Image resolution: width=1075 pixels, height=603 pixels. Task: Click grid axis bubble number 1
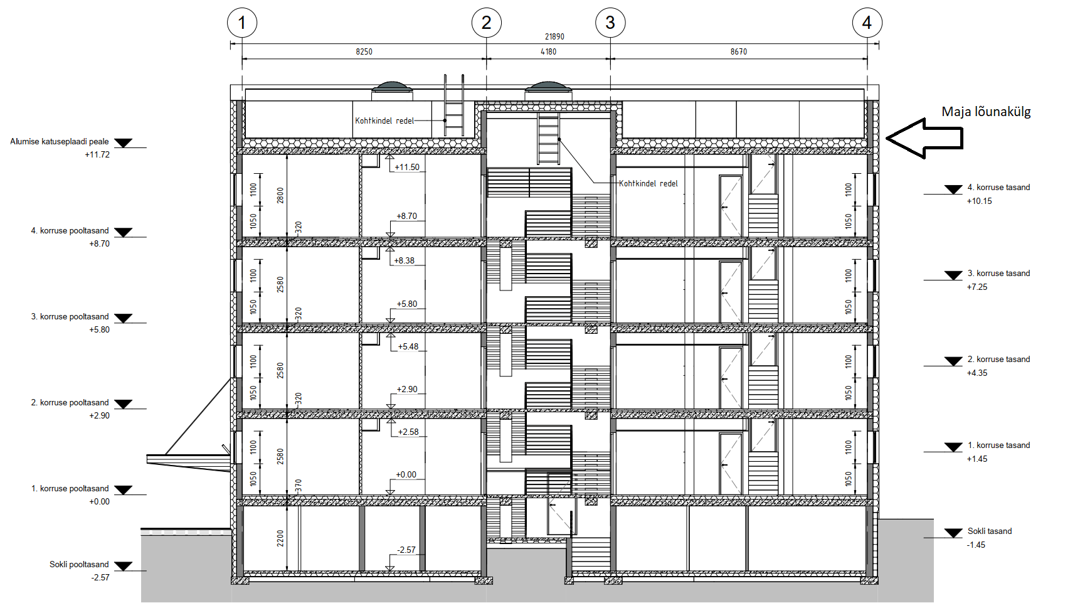242,23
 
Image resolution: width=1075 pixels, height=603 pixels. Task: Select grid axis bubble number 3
610,23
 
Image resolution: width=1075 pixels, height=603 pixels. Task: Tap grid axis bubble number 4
867,23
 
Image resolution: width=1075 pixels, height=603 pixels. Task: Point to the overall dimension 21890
554,36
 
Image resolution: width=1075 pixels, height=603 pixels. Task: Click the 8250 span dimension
364,51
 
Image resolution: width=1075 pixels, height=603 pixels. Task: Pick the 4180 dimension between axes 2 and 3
548,51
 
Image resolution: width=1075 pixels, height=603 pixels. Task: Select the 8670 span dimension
739,51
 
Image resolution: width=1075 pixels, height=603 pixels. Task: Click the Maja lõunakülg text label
986,112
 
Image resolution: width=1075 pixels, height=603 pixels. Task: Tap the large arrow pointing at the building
924,138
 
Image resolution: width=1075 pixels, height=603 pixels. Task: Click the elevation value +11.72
97,154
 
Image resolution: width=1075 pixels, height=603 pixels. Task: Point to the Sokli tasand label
989,531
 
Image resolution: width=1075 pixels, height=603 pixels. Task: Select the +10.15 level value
979,201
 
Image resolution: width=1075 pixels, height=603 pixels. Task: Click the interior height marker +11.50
407,167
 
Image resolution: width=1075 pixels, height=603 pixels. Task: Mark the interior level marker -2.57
406,550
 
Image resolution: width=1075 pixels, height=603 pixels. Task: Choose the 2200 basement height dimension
280,538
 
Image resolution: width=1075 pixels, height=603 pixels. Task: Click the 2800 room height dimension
280,195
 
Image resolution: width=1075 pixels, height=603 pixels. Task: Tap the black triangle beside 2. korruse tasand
953,361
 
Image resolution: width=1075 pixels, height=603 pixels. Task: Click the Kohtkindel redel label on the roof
384,120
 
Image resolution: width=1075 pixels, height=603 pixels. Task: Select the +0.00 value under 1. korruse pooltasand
99,502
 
